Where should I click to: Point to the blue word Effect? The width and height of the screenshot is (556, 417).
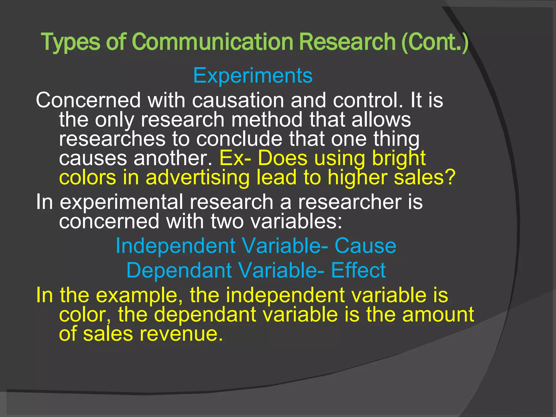[x=358, y=270]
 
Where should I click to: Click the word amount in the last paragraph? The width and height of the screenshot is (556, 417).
[x=438, y=314]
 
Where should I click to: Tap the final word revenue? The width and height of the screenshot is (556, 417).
[x=181, y=334]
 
